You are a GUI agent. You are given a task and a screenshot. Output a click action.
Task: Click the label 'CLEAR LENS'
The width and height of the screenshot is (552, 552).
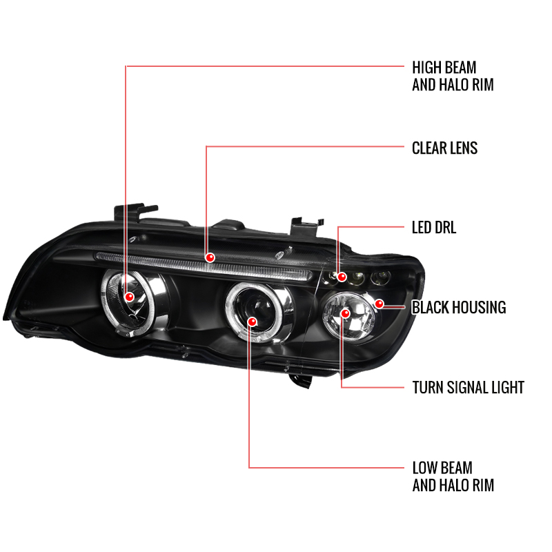444,148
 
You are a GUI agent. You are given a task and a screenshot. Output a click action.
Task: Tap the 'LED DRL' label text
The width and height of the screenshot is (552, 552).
434,228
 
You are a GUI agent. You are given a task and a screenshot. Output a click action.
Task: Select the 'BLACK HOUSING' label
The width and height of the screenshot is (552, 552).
459,307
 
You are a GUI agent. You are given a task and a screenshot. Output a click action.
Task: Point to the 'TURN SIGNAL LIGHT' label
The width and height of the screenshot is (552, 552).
469,387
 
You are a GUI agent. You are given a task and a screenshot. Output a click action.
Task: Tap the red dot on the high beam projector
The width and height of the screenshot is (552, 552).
130,297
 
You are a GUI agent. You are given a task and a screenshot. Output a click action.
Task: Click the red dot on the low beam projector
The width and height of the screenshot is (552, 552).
252,322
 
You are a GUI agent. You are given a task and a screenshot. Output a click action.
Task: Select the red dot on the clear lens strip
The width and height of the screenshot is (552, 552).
210,257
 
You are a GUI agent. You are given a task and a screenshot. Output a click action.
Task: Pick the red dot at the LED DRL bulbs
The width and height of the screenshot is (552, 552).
342,277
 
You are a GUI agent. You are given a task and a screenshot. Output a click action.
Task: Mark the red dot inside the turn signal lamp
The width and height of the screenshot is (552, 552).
346,313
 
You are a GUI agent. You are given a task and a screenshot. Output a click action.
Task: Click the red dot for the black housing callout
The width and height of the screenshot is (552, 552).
379,304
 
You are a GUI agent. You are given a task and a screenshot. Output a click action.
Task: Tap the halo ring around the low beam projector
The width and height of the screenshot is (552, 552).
229,310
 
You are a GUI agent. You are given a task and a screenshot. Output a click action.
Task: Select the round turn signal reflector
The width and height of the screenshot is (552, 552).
348,316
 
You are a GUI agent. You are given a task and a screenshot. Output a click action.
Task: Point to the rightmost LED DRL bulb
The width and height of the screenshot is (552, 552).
380,278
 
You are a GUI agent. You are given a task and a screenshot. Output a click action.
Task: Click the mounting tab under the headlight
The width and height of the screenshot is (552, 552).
301,381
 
